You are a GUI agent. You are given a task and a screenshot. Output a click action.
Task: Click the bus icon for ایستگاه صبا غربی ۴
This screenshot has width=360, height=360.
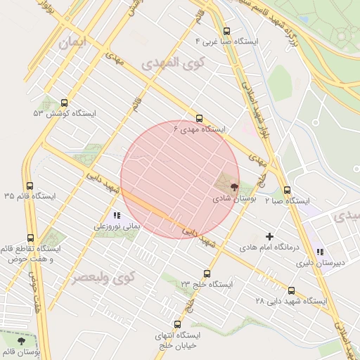[x=226, y=31]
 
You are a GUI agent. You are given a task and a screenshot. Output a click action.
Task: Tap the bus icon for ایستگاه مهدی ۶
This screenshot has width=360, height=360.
[x=200, y=119]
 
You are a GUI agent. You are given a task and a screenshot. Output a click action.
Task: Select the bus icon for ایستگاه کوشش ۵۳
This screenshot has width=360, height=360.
[x=65, y=103]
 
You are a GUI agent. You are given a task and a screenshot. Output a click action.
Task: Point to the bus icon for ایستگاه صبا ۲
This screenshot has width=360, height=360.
[x=287, y=190]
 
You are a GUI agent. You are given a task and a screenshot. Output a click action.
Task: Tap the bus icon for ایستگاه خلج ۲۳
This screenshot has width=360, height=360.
[x=207, y=274]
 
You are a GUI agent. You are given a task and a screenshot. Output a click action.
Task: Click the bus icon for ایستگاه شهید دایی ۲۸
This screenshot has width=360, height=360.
[x=291, y=290]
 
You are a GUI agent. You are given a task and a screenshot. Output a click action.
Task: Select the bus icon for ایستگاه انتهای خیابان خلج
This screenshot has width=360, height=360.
[x=177, y=325]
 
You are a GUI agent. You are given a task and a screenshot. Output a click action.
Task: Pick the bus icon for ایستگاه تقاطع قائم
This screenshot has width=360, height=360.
[x=30, y=238]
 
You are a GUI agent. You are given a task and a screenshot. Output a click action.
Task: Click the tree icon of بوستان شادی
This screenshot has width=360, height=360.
[x=233, y=188]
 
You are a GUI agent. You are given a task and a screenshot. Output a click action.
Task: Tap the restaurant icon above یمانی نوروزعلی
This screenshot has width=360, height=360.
[x=117, y=216]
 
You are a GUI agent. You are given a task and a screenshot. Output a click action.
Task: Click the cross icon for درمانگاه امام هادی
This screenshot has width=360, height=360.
[x=269, y=236]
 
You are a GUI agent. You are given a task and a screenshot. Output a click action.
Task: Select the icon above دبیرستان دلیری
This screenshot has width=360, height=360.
[x=320, y=252]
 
